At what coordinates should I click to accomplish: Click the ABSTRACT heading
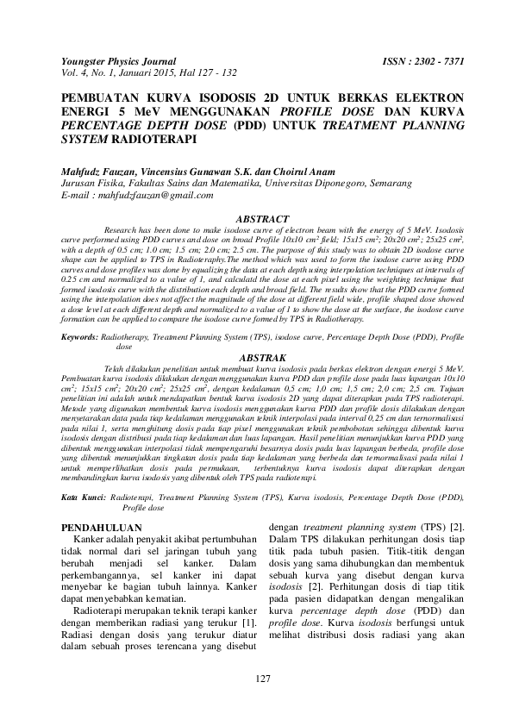[262, 220]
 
